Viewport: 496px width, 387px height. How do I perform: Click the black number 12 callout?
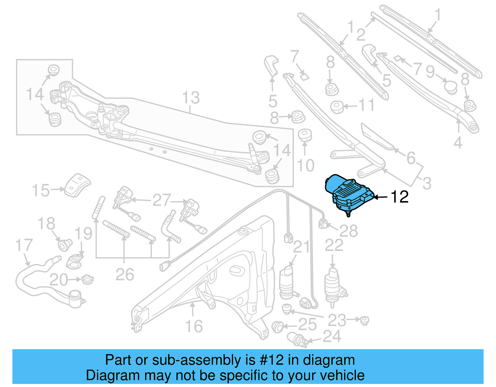pos(399,197)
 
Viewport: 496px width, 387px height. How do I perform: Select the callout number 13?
pos(191,98)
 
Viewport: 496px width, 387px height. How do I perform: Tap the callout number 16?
pos(194,326)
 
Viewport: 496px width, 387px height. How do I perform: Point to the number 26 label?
pos(125,275)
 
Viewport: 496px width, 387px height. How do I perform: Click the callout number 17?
pos(24,245)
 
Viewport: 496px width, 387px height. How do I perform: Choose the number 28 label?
pos(348,231)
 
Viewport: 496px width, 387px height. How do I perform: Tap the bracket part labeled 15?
pos(77,185)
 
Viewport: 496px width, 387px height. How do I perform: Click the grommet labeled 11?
pos(337,107)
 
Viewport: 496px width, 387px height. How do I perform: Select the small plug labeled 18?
pos(65,244)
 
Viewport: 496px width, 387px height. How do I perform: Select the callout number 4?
pos(458,143)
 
